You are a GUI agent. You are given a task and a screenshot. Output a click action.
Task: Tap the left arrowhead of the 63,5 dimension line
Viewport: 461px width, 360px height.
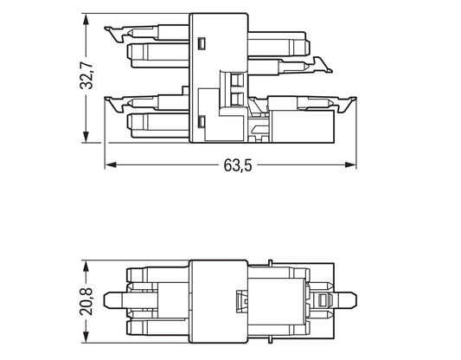coord(109,164)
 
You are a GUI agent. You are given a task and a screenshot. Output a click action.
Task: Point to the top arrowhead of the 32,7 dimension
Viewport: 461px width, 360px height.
coord(85,18)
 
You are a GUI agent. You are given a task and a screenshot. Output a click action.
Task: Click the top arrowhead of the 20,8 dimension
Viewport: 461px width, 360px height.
coord(85,263)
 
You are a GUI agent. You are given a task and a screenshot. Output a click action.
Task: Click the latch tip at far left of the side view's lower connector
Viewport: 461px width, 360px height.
coord(110,102)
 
